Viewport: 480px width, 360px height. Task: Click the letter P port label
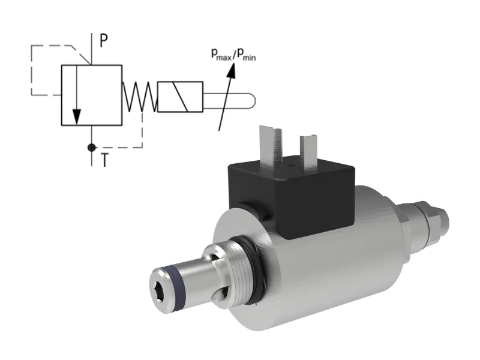pos(104,40)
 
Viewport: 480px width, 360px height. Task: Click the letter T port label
pos(104,161)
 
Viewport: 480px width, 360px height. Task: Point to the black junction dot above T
pos(91,147)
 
